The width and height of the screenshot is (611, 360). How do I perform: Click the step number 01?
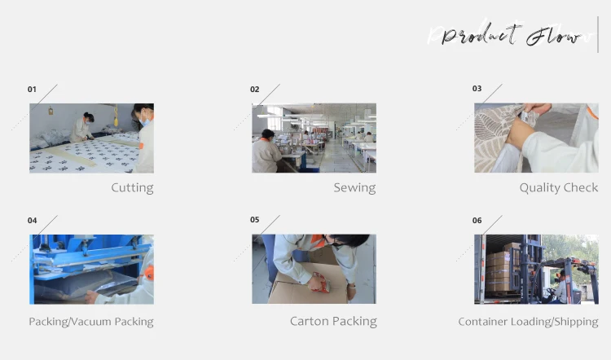(32, 90)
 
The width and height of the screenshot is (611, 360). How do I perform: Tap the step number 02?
(254, 90)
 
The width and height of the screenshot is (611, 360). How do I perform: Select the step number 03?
(477, 89)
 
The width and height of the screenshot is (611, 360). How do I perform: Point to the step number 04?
(32, 221)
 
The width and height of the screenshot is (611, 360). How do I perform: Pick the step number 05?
(254, 220)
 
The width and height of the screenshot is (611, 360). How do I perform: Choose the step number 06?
(477, 221)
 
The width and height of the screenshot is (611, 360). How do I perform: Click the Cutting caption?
(132, 188)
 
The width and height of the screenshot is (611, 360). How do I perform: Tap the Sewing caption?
(354, 188)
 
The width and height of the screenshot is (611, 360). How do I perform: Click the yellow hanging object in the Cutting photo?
(116, 116)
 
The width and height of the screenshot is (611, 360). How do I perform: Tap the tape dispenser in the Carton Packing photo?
(320, 283)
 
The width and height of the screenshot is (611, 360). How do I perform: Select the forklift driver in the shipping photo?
(563, 286)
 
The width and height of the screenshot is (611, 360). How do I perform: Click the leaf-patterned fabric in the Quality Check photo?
(495, 137)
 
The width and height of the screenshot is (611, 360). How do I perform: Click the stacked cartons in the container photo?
(499, 268)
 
